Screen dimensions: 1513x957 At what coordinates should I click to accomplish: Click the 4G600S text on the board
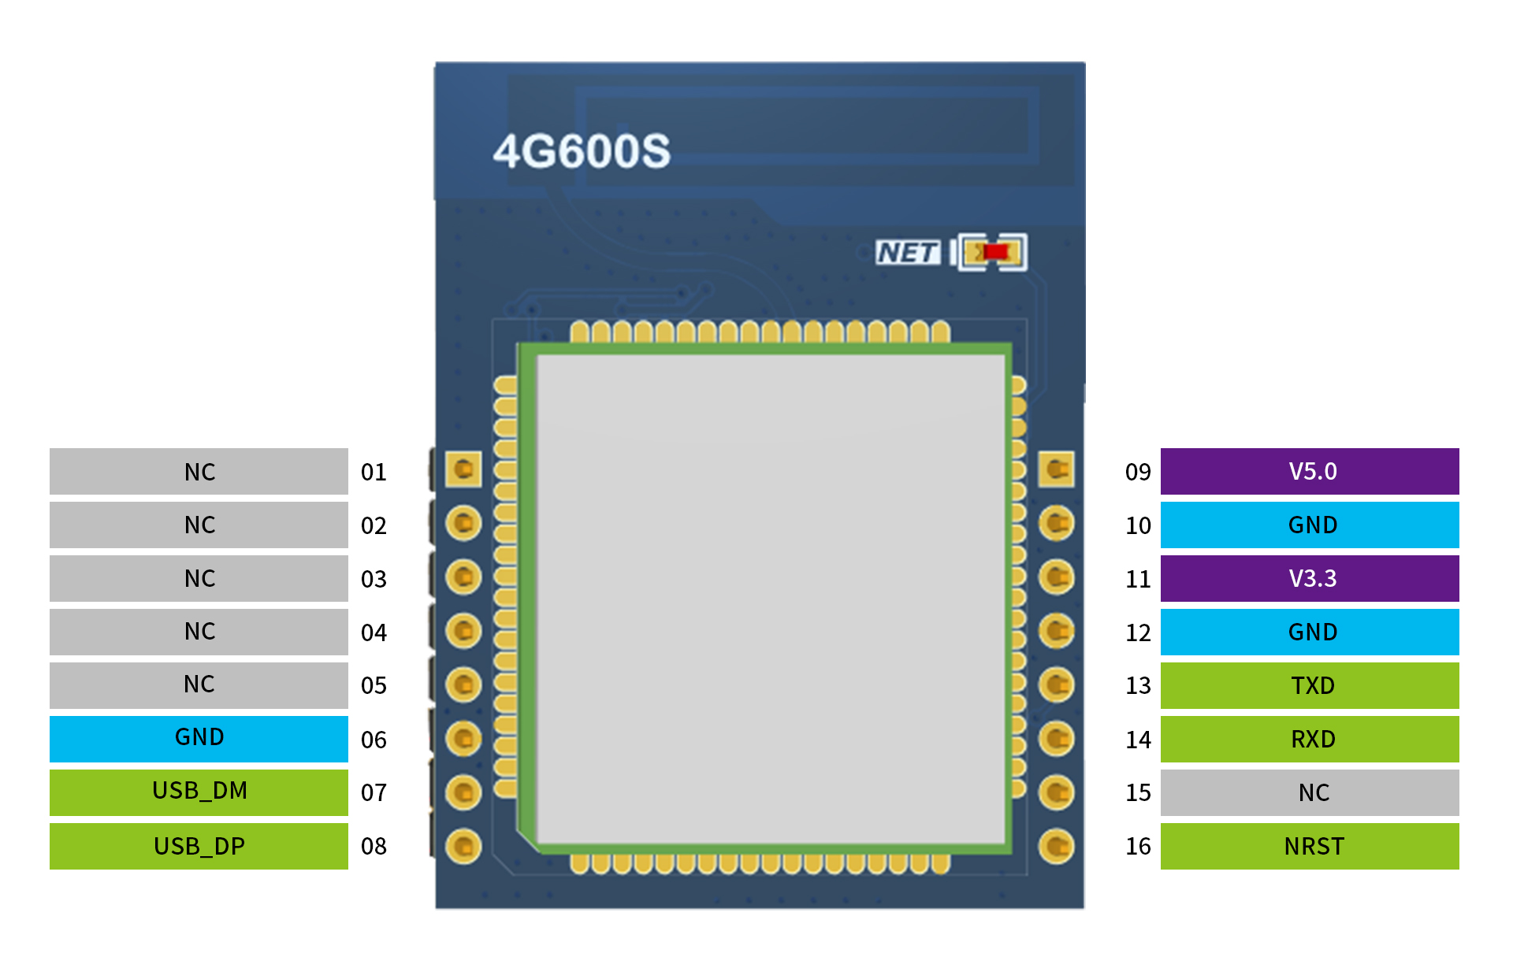582,151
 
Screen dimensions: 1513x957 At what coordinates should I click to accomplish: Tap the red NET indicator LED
995,252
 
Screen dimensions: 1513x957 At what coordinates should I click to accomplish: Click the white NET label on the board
908,253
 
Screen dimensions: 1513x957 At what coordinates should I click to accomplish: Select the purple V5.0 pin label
1310,471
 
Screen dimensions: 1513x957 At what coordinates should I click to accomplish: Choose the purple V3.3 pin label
1310,578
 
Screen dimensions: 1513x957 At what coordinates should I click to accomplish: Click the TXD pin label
1310,685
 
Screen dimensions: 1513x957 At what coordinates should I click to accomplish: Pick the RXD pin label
1310,739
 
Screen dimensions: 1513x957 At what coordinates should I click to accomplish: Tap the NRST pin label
1310,846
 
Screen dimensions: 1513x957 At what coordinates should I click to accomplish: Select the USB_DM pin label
199,792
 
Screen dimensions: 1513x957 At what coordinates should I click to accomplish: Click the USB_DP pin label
199,846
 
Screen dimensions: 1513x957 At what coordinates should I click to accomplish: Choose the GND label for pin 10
1310,525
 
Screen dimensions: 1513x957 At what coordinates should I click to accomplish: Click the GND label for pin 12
1310,632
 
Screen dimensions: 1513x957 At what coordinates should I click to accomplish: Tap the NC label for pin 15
1310,792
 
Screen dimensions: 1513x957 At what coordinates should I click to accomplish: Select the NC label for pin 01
199,471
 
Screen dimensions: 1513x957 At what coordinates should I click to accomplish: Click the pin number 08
374,847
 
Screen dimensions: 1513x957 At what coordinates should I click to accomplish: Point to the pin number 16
1138,847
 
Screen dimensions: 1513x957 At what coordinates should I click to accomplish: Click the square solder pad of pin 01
463,469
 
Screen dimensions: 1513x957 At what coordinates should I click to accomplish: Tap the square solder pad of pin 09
1056,469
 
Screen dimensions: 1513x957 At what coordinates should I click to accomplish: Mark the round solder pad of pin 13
1056,684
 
